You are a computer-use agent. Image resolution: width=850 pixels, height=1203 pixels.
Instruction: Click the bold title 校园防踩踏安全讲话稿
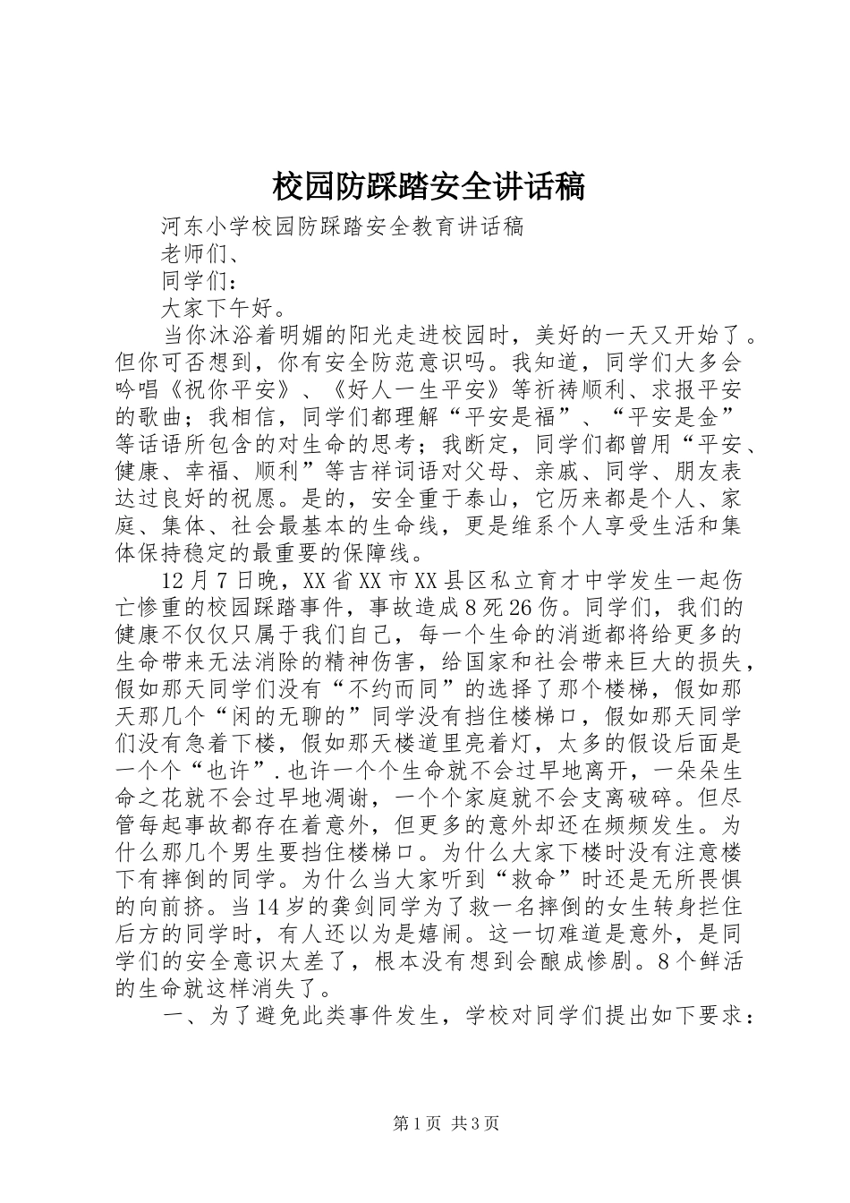coord(427,186)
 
